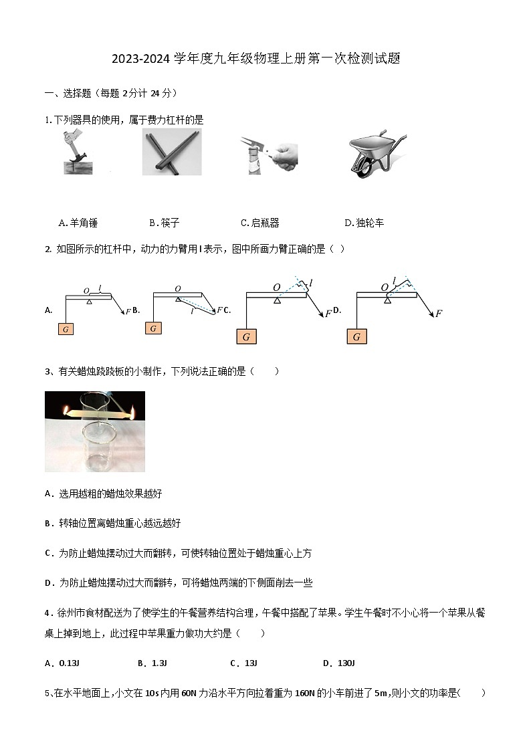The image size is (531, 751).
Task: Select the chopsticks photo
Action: tap(172, 152)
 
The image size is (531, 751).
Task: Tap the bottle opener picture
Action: tap(269, 154)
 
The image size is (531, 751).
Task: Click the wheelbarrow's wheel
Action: tap(364, 170)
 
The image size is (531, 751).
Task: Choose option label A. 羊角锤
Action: tap(78, 223)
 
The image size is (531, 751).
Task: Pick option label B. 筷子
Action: tap(165, 223)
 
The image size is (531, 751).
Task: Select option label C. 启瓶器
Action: tap(259, 223)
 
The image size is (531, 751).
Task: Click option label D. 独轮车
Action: tap(364, 223)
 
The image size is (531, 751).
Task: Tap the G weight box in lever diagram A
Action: tap(66, 328)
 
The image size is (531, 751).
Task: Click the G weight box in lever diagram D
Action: tap(356, 336)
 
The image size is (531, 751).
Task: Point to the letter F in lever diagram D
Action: tap(439, 313)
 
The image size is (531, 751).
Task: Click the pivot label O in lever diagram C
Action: tap(276, 288)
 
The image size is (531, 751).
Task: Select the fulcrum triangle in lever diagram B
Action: tap(178, 299)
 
